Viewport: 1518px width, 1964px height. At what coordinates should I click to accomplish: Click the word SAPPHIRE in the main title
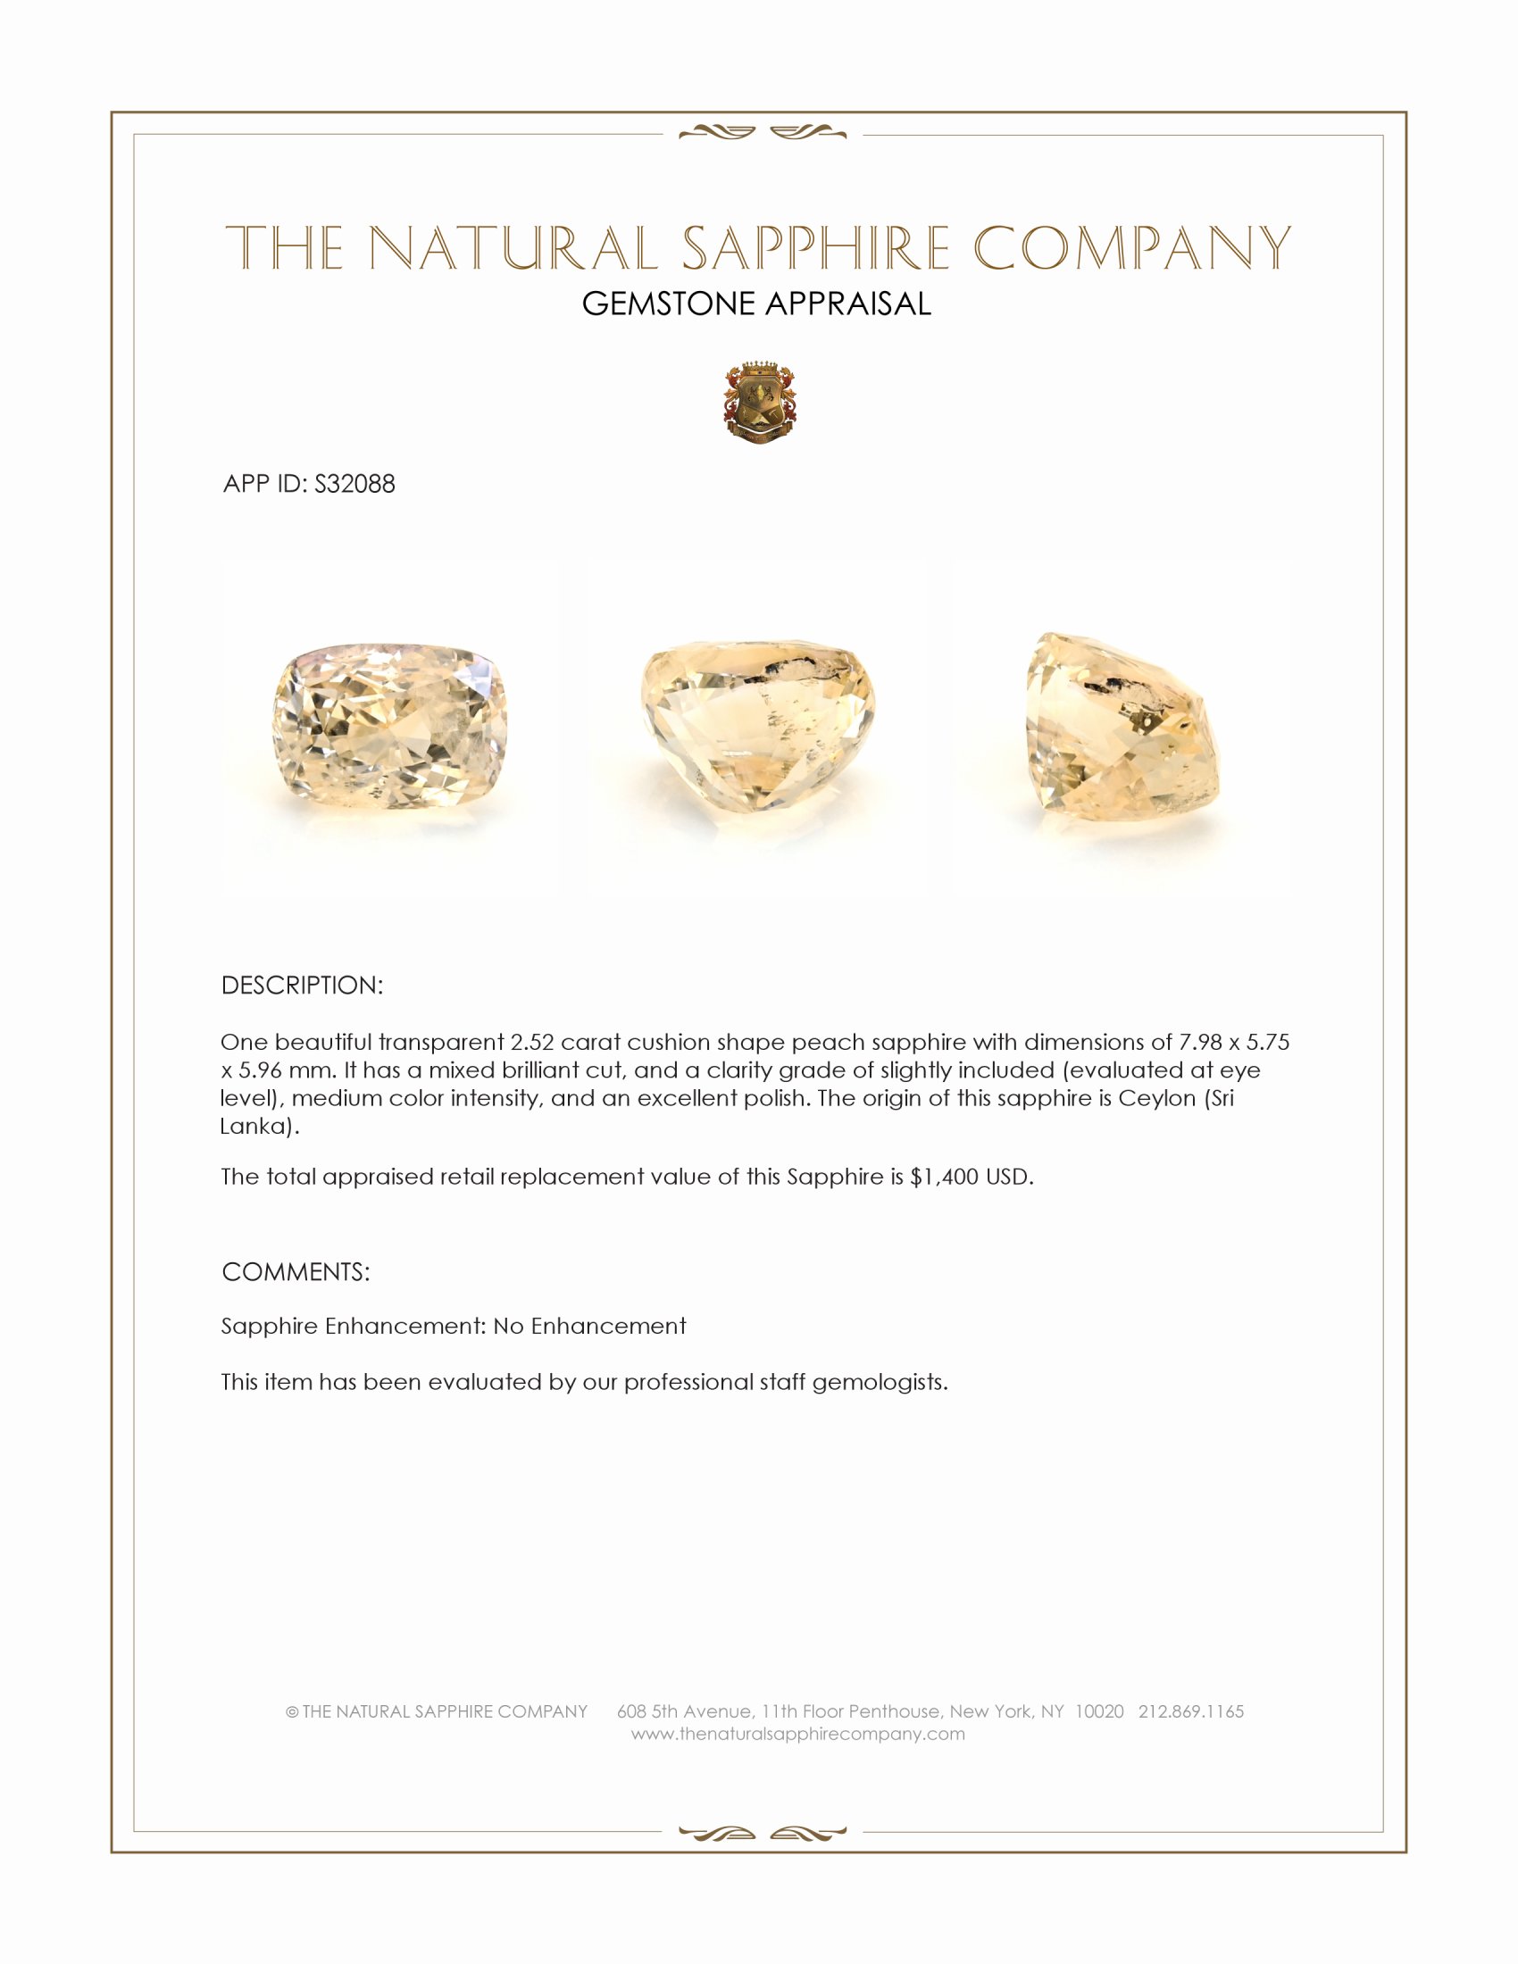[815, 248]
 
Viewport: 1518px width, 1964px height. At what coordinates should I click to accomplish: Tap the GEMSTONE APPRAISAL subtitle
[756, 304]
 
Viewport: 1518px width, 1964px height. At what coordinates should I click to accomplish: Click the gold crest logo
[760, 404]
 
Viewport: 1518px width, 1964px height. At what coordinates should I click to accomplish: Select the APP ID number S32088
[354, 484]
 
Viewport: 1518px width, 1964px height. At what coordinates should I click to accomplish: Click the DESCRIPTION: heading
[301, 986]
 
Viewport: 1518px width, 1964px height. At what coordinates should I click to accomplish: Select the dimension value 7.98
[1200, 1042]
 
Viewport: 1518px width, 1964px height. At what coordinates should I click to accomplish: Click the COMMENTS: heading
[295, 1272]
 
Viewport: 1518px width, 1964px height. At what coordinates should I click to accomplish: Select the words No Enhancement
[589, 1327]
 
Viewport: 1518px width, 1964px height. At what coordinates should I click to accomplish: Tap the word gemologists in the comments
[880, 1382]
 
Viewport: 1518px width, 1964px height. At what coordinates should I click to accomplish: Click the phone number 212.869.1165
[1190, 1711]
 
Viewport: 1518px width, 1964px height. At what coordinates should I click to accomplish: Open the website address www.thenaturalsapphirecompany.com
[797, 1734]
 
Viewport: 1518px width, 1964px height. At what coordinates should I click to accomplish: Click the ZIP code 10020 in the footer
[1099, 1711]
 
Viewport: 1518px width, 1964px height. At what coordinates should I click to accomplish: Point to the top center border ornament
[762, 133]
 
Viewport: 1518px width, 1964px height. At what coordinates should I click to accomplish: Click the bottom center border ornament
[762, 1833]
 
